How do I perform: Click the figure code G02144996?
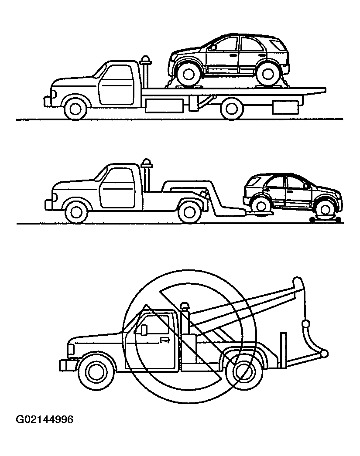(45, 420)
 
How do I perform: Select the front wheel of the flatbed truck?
(75, 108)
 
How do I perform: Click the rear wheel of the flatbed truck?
(232, 108)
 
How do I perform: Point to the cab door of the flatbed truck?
(116, 85)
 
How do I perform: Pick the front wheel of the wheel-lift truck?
(76, 212)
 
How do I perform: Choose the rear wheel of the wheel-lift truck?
(189, 212)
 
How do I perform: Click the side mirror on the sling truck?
(144, 330)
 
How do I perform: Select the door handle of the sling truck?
(165, 340)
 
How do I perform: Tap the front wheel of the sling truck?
(96, 372)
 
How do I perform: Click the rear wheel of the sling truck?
(244, 372)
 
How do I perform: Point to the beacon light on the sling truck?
(185, 307)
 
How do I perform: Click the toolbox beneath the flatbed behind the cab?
(165, 106)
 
